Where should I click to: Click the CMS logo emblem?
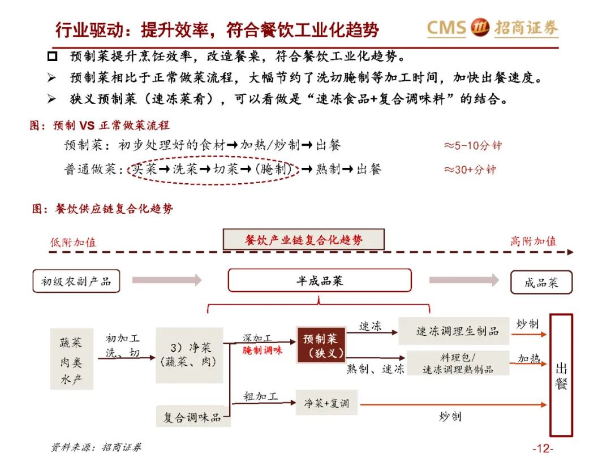479,28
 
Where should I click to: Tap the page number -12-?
543,448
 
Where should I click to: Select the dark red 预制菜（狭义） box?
321,345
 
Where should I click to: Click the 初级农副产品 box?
76,281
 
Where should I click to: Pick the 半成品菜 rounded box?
320,280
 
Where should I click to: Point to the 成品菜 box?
541,282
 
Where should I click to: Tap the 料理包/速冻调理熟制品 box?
458,363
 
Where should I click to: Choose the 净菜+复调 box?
326,403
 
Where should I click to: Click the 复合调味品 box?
192,417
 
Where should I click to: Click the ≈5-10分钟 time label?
472,145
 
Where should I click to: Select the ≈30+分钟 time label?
470,169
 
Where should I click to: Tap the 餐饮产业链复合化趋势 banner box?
304,239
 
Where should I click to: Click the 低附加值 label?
73,242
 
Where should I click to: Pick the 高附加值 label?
533,241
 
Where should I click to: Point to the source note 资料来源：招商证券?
96,447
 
